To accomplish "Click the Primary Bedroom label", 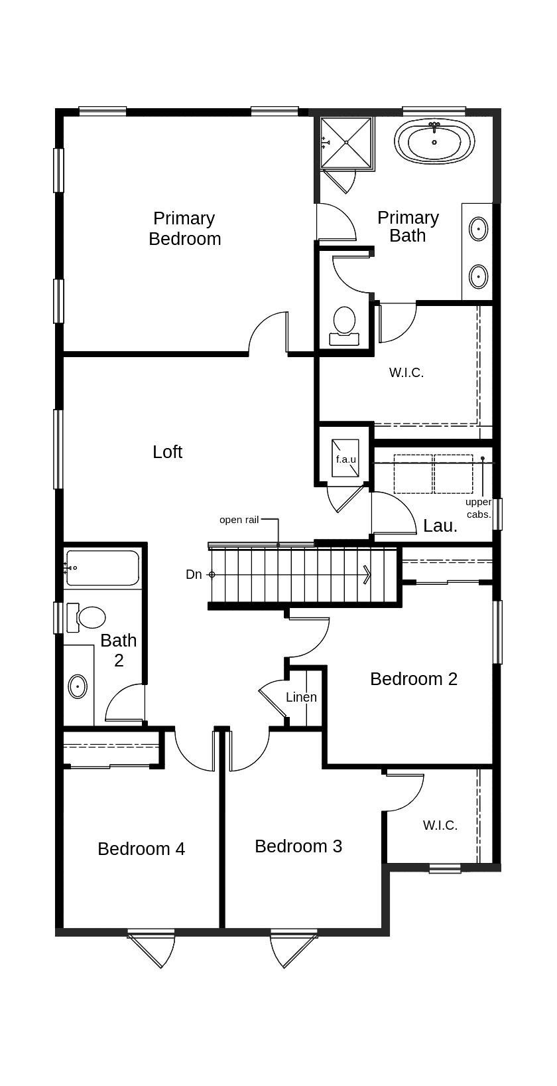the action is [x=184, y=229].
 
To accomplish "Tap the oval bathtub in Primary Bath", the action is [x=434, y=141].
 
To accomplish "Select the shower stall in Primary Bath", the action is [x=347, y=143].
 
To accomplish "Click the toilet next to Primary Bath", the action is [x=344, y=326].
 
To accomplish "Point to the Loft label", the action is [x=168, y=452].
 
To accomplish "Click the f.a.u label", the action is [x=346, y=459].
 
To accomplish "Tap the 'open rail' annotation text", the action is [x=239, y=520].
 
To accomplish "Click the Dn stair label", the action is [x=194, y=574].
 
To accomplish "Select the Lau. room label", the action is [x=440, y=526].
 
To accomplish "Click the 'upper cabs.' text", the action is [x=479, y=508].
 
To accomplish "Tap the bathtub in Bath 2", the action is [x=102, y=568].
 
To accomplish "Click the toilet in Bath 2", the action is [x=86, y=617].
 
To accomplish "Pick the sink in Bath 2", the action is [x=78, y=686].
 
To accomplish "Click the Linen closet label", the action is [x=301, y=697].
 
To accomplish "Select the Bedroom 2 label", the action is [x=414, y=678].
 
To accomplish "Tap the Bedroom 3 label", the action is [x=298, y=846].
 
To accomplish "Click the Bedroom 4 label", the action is [x=141, y=849].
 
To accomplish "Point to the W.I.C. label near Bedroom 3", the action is [x=440, y=825].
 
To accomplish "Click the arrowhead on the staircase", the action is [x=367, y=575].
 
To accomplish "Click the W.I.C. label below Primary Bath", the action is [x=406, y=373].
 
